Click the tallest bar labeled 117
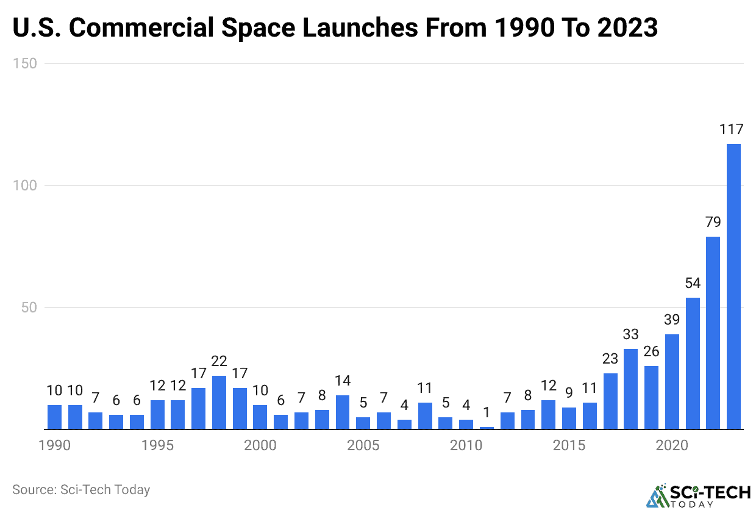tap(733, 286)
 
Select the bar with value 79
tap(713, 332)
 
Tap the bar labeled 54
tap(693, 363)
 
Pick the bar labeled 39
tap(672, 381)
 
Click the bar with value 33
tap(630, 389)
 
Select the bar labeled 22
tap(219, 402)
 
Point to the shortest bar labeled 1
tap(487, 428)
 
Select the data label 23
tap(610, 359)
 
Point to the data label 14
tap(343, 381)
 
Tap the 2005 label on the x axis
tap(363, 445)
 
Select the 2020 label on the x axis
tap(672, 445)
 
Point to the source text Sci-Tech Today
tap(105, 489)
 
